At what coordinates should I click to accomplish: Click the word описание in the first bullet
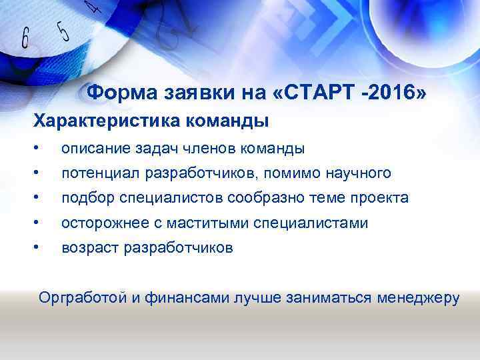[93, 149]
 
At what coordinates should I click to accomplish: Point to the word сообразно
[260, 198]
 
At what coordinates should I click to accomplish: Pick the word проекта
[381, 198]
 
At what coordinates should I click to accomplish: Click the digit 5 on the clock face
[63, 31]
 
